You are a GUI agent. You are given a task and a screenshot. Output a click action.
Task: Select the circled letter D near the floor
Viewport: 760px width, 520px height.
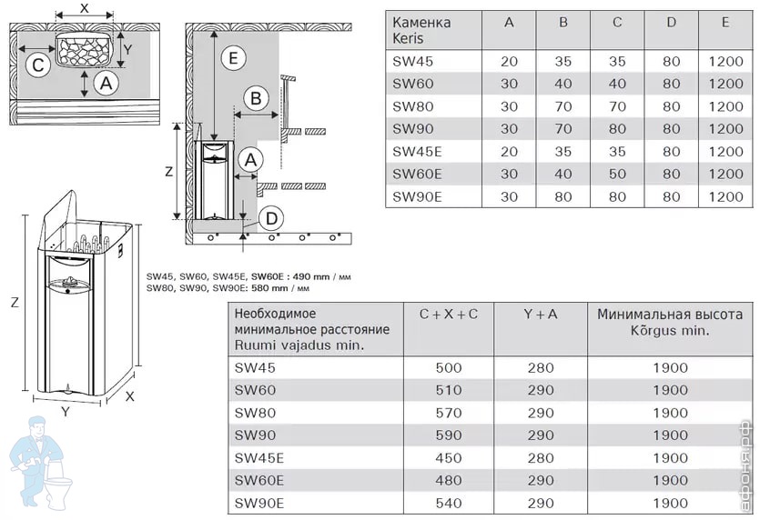(270, 218)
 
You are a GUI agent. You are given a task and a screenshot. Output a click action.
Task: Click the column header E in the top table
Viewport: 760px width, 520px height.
(725, 22)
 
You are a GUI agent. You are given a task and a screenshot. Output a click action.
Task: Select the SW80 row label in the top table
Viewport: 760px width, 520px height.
(412, 105)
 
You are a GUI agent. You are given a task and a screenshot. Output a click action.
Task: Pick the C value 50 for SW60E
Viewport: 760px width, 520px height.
(617, 173)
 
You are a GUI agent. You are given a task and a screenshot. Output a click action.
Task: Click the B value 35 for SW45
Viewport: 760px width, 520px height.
(562, 61)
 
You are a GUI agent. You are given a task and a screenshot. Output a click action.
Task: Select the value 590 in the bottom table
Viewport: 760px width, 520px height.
(449, 435)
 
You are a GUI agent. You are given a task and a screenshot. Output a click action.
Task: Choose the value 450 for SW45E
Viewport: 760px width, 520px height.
(449, 457)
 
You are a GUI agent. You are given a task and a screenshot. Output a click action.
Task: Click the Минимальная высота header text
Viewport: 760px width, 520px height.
(670, 315)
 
